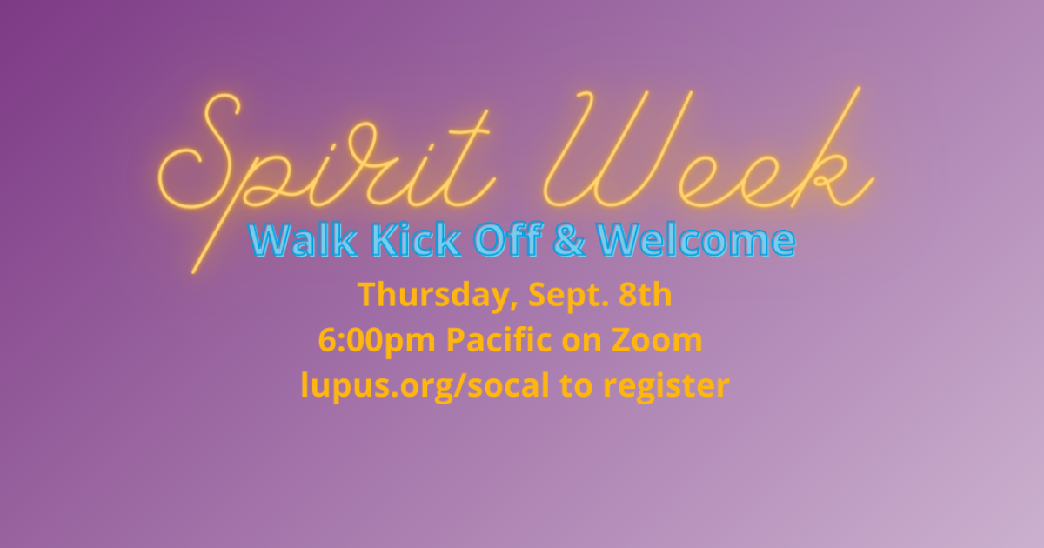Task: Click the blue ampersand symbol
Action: coord(569,241)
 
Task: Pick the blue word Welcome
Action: coord(696,241)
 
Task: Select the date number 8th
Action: coord(644,296)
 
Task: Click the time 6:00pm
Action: coord(377,340)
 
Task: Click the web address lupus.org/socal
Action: coord(425,385)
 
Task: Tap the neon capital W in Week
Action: coord(609,148)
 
